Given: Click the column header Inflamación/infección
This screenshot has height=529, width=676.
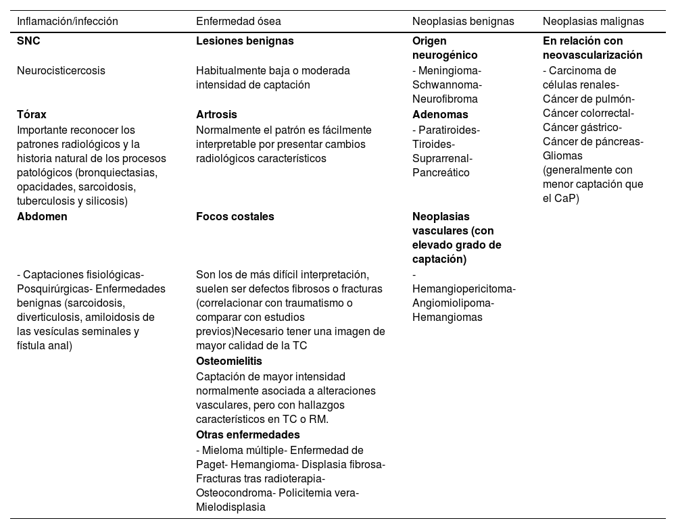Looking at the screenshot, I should coord(68,21).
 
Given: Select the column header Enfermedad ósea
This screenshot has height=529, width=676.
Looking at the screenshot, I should coord(239,21).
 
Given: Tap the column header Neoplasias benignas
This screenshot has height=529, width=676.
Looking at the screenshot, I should coord(462,21).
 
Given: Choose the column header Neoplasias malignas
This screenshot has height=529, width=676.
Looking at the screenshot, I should coord(593,21).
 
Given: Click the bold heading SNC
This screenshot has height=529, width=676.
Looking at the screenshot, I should coord(28,41).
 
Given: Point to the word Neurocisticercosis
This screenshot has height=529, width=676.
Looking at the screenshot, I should coord(61,70).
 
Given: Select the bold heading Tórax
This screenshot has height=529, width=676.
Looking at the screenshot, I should coord(32,114).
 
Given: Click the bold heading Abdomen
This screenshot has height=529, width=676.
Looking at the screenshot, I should coord(42,217).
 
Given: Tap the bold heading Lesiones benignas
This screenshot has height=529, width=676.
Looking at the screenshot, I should coord(245,41).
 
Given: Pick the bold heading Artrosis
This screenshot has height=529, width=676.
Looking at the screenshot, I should coord(216,114).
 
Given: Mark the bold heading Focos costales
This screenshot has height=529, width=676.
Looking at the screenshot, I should coord(235,217).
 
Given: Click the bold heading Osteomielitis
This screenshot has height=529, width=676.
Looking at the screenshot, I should coord(229,361).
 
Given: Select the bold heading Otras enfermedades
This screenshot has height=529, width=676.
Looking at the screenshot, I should coord(247,434).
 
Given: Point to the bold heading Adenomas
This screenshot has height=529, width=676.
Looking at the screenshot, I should coord(440,114).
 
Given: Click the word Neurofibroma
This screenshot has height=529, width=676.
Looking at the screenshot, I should coord(445,99).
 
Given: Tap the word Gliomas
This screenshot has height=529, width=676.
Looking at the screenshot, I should coord(562,156).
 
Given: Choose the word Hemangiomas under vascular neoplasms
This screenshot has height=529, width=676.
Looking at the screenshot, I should coord(448,317).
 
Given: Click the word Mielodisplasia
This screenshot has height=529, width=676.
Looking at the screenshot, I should coord(231,507).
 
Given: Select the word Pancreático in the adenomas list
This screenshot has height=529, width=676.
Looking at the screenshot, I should coord(441,172).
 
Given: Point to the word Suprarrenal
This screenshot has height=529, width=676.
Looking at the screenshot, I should coord(441,158).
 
